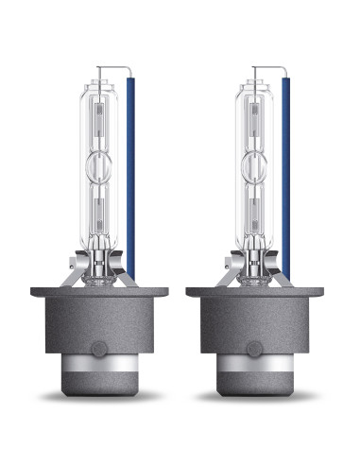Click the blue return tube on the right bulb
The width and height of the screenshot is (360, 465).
[x=285, y=180]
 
